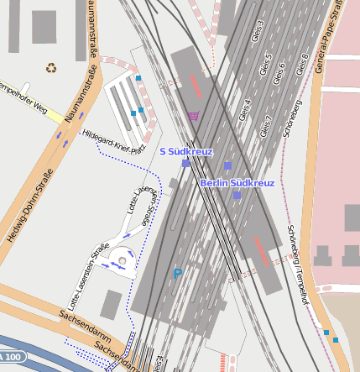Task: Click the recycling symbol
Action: click(52, 67)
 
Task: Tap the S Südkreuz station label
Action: click(186, 151)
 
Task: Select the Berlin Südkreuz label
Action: click(237, 182)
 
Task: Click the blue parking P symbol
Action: click(177, 273)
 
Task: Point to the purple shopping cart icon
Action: click(194, 116)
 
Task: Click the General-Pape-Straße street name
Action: click(330, 38)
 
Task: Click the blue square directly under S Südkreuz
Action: click(185, 164)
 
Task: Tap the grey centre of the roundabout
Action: click(123, 262)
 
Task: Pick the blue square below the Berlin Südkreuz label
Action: click(237, 195)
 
